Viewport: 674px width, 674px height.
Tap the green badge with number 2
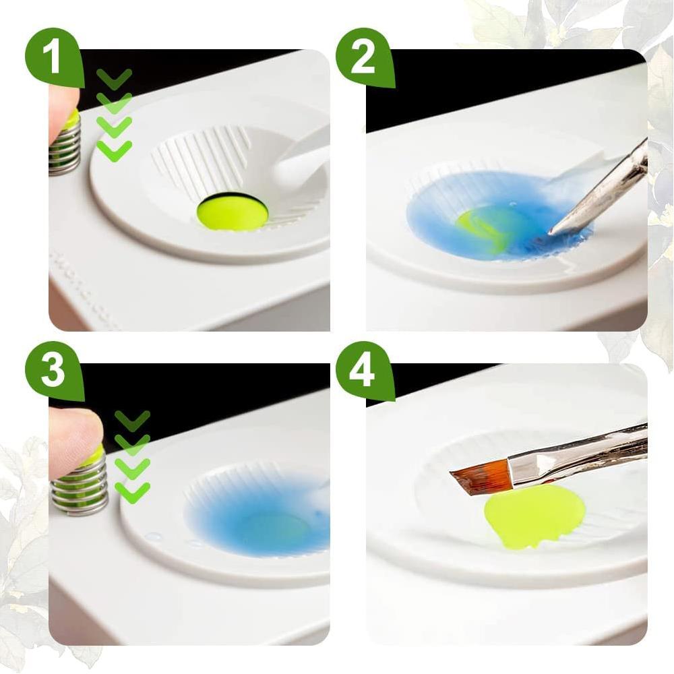(363, 57)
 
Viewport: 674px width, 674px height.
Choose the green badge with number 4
(363, 370)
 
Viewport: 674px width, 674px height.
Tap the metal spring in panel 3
(80, 484)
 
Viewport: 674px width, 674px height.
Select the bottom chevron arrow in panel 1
(114, 150)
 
